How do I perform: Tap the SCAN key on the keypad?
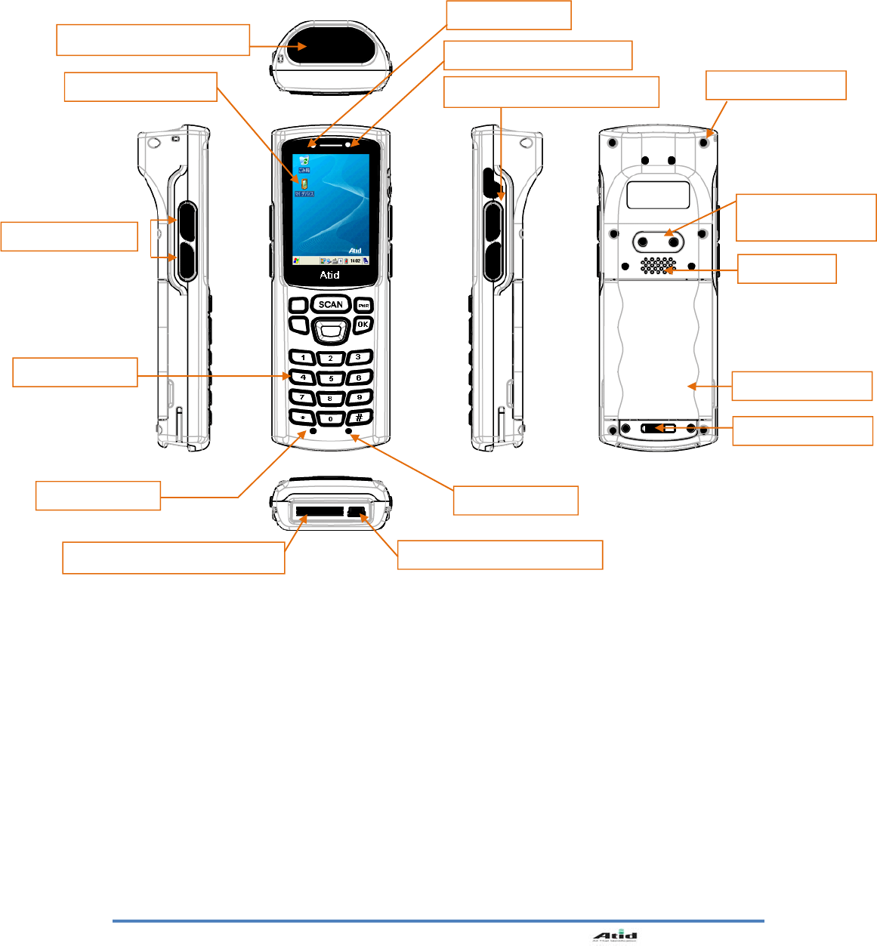330,304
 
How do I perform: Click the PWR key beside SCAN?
363,306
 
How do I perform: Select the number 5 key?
331,378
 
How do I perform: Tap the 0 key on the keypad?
331,418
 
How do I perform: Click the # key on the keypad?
360,418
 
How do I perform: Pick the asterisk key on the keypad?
302,418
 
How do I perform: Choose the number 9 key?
360,397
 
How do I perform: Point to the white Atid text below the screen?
329,275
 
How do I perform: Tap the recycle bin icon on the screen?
304,162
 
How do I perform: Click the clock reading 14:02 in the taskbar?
354,261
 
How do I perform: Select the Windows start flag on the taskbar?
297,261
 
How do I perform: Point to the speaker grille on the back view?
658,265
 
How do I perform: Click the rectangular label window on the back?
658,195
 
